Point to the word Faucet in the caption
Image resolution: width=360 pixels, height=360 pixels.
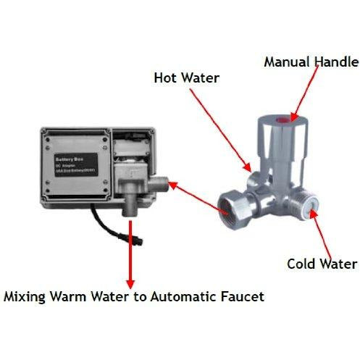(243, 297)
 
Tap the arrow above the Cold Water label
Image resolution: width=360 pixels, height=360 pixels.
(314, 232)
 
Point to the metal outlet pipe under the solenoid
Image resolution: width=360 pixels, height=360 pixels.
(129, 204)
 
